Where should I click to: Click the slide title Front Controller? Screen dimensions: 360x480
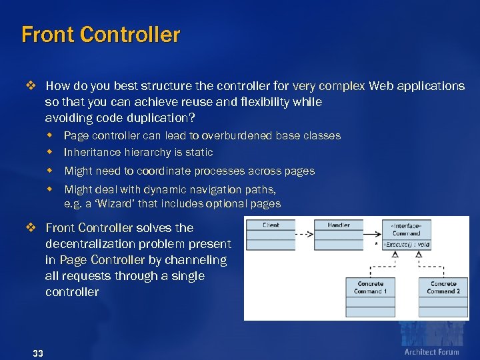[x=101, y=35]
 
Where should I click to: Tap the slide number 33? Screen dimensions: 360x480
[x=37, y=353]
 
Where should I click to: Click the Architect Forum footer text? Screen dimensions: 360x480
[x=431, y=352]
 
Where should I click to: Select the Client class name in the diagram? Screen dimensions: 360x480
[x=271, y=225]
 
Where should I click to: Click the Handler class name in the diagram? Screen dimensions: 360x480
[x=339, y=225]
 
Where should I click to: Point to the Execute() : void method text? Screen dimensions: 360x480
[x=406, y=245]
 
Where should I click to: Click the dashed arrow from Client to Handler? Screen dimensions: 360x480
[x=304, y=235]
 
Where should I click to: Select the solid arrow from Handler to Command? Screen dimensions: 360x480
[x=373, y=235]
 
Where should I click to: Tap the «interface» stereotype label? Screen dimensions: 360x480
[x=406, y=226]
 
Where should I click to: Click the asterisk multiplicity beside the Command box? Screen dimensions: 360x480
[x=377, y=245]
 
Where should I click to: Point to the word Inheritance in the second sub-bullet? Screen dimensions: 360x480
[x=91, y=152]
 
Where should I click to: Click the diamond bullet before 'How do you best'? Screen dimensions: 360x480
[x=29, y=86]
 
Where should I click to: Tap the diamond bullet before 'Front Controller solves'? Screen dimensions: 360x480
[x=29, y=228]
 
